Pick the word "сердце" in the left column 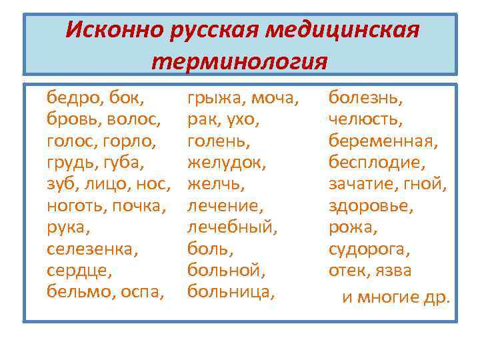(77, 271)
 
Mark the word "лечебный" (231, 228)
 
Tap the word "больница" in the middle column (230, 292)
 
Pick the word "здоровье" (371, 206)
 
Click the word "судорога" (369, 250)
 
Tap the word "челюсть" (365, 120)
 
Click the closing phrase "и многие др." (396, 297)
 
